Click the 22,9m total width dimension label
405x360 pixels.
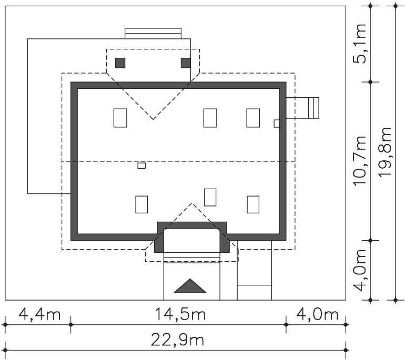point(177,341)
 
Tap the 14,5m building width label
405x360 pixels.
point(180,315)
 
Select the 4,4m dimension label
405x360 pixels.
point(39,315)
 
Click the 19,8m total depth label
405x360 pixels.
point(385,152)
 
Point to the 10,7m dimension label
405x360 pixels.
point(360,160)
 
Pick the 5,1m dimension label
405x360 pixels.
point(360,43)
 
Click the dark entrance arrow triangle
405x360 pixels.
point(190,286)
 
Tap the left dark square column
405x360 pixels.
point(120,63)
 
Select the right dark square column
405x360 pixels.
point(186,63)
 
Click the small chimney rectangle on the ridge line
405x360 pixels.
point(141,166)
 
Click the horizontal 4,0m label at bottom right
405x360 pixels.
point(317,315)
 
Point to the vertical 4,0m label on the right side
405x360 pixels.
point(360,270)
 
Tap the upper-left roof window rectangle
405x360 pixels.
point(120,118)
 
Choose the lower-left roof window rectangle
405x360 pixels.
point(141,204)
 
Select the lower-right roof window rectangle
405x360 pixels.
point(253,204)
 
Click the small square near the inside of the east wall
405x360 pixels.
point(276,124)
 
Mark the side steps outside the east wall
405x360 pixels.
point(302,108)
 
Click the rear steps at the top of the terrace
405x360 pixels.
point(153,34)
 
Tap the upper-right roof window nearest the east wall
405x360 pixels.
point(253,118)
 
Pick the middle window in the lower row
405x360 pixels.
point(210,198)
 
